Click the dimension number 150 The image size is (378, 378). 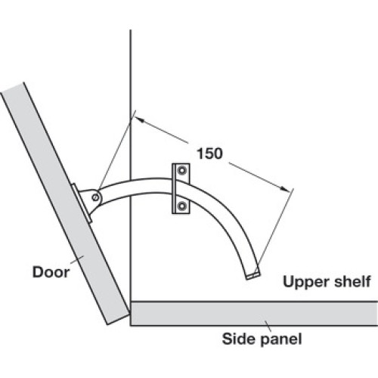pos(209,153)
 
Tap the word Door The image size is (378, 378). pos(51,272)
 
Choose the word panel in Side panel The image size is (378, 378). pos(281,340)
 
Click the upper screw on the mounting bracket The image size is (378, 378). pos(181,171)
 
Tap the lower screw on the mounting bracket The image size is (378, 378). pos(181,206)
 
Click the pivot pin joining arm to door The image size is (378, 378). pos(95,197)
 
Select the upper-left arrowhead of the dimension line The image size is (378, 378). pos(138,119)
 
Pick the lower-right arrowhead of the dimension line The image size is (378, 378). pos(285,189)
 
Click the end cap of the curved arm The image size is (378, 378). pos(253,275)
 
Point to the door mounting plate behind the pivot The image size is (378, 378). pos(81,203)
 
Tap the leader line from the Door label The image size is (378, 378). pos(77,260)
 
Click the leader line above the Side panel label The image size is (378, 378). pos(268,326)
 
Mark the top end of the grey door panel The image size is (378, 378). pos(13,88)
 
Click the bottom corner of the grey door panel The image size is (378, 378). pos(108,324)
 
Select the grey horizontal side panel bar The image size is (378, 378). pos(254,314)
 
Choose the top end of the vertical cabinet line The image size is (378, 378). pos(131,29)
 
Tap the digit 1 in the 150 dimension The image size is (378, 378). pos(200,153)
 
